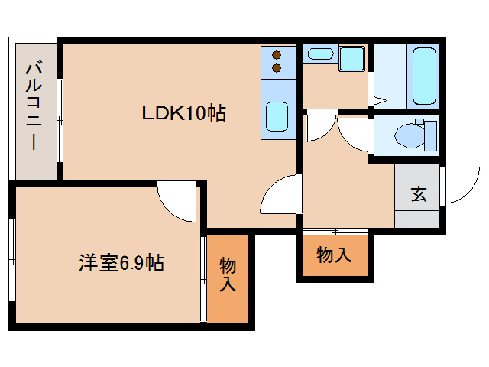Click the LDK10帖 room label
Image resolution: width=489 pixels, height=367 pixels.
183,114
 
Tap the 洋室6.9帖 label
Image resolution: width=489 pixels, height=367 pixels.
121,264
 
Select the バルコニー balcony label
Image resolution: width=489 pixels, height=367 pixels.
33,107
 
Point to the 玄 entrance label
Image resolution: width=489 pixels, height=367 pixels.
419,194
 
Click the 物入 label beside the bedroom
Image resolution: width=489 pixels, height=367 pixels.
228,275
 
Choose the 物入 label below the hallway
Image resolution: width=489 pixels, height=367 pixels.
334,255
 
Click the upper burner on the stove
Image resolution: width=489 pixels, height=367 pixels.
276,55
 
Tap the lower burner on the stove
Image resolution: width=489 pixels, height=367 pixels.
276,69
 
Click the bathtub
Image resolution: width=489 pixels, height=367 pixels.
423,76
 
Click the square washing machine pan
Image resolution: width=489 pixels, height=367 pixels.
351,58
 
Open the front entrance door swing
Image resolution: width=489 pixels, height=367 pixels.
460,185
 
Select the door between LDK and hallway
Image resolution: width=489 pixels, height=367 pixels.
279,197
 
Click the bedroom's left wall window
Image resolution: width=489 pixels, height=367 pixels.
11,260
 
